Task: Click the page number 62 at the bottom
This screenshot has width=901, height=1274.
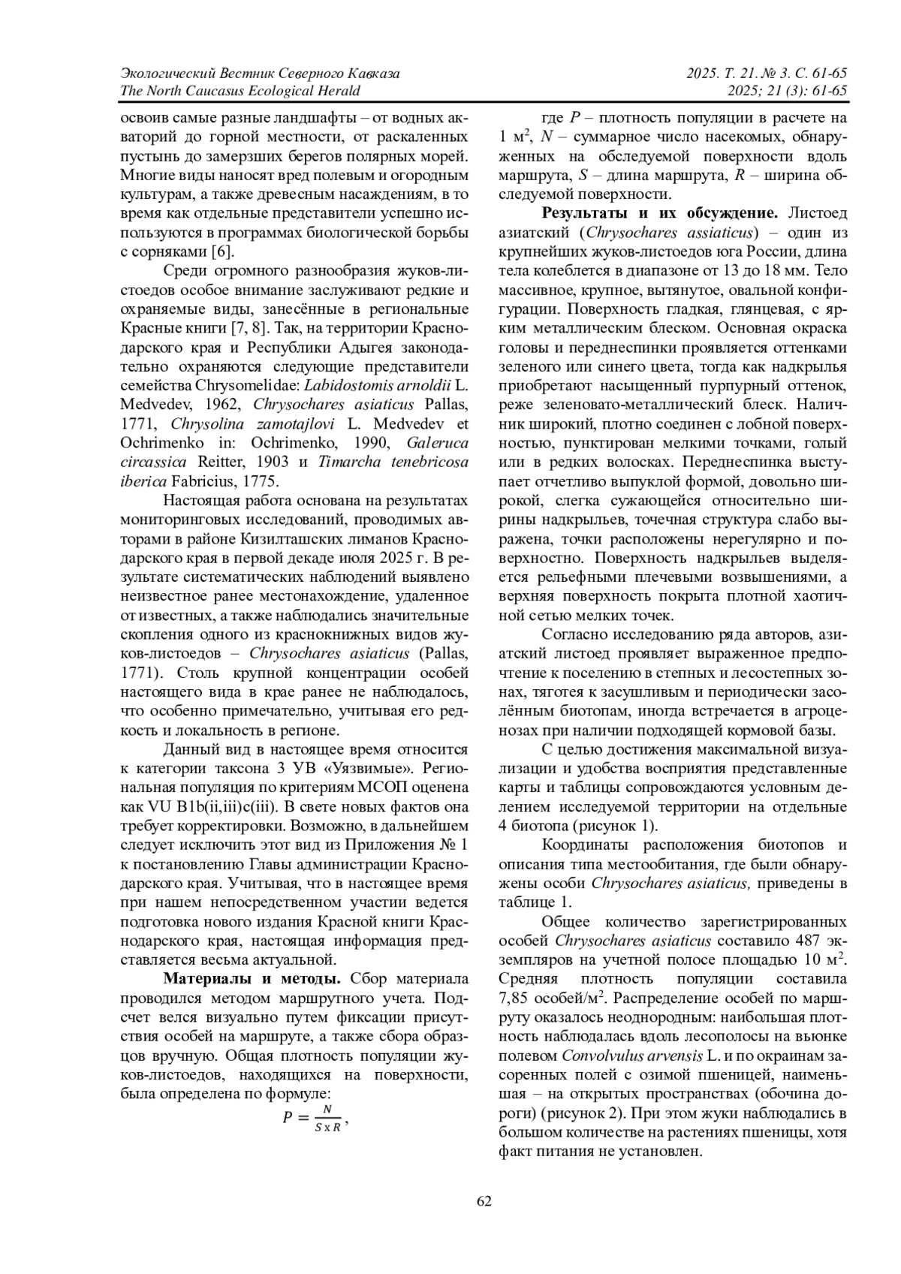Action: (484, 1201)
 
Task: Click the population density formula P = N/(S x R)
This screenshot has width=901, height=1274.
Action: (315, 1117)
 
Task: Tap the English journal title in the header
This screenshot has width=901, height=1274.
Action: (240, 91)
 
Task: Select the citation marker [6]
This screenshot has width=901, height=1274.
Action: (221, 251)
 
